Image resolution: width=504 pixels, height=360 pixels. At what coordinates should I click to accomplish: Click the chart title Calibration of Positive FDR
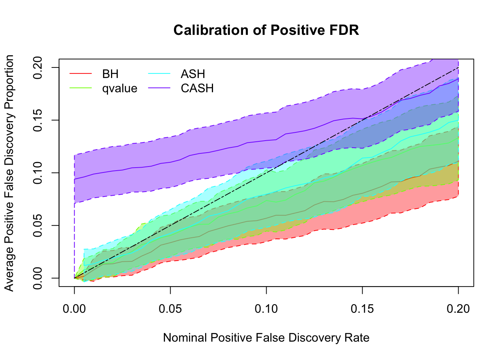point(266,30)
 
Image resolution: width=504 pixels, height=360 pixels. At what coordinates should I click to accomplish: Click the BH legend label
point(110,74)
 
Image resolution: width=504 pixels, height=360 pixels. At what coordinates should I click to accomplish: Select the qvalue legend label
point(120,88)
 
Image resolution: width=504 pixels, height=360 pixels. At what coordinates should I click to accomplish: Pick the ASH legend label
point(193,74)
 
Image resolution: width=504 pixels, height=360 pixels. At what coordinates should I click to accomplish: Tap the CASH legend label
point(197,88)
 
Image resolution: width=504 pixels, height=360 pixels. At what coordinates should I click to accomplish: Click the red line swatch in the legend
point(81,74)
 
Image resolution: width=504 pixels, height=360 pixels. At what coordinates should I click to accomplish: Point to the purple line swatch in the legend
point(159,88)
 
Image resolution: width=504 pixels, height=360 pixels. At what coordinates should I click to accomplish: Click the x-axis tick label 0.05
point(170,309)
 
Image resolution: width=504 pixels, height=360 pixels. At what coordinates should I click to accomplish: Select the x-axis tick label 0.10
point(266,309)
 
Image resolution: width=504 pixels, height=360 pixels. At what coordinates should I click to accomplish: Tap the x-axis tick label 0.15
point(362,309)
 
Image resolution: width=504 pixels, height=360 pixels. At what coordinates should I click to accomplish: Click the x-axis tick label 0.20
point(458,309)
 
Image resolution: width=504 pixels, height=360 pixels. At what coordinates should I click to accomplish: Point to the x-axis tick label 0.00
point(74,309)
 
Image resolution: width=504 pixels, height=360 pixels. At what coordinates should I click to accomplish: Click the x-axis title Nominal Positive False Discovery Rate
point(266,338)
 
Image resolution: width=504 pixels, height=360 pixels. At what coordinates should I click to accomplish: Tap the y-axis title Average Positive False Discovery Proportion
point(9,173)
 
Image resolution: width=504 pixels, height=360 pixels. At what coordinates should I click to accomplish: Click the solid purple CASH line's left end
point(75,179)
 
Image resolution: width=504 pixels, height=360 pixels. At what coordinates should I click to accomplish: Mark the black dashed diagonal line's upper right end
point(458,67)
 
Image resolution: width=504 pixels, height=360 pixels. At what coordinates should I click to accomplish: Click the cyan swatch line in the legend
point(159,74)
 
